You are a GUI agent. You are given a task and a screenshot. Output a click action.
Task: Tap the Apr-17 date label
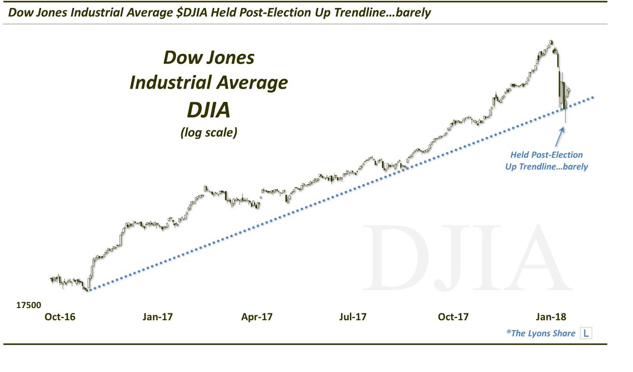[x=257, y=317]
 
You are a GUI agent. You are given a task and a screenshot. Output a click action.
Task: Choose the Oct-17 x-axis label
[x=454, y=317]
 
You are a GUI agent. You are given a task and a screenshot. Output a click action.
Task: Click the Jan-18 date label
[x=552, y=317]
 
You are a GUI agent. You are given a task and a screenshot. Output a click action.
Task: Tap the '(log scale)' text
[x=209, y=132]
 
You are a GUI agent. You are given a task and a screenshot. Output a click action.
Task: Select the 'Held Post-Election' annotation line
[x=546, y=155]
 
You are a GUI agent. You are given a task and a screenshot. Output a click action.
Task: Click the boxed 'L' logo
[x=586, y=333]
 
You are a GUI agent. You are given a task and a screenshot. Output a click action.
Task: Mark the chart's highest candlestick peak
[x=551, y=41]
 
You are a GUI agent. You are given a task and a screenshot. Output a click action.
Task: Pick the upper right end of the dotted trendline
[x=594, y=97]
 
